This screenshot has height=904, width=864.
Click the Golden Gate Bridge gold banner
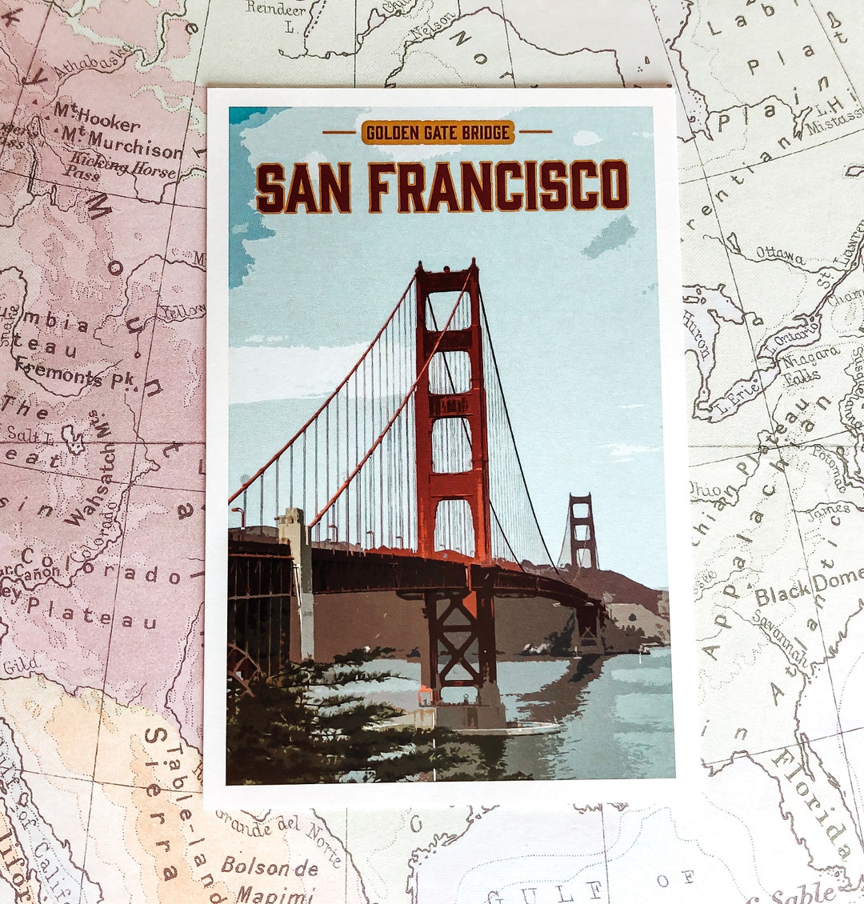[x=438, y=132]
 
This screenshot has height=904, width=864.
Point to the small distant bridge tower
[x=582, y=530]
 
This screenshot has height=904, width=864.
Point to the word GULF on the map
[x=543, y=891]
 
